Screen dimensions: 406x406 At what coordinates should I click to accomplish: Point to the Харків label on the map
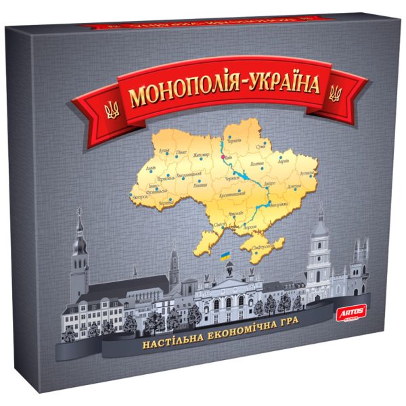[x=284, y=162]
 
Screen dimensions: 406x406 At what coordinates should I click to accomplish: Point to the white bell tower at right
[x=317, y=250]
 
